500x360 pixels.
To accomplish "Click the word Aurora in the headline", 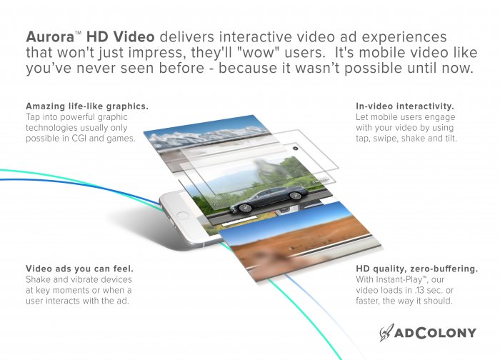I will click(49, 36).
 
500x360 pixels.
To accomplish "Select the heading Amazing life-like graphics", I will click(87, 106).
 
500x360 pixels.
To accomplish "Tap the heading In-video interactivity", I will click(404, 106).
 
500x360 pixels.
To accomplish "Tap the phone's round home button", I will click(184, 214).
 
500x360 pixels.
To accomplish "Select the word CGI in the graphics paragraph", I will click(88, 138).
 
